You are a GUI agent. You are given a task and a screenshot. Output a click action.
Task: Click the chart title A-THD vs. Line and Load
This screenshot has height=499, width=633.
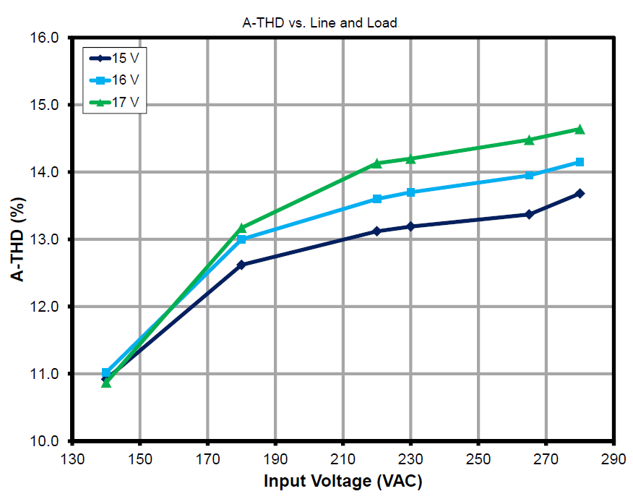pyautogui.click(x=319, y=23)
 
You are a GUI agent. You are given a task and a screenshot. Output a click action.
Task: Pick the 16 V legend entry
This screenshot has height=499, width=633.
pyautogui.click(x=120, y=80)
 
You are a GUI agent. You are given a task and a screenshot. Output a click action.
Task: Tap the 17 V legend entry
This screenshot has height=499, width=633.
pyautogui.click(x=120, y=102)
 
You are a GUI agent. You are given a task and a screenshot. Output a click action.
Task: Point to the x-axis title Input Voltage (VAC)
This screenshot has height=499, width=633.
pyautogui.click(x=343, y=481)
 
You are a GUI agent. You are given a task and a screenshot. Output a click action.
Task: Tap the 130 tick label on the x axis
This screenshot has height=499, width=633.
pyautogui.click(x=72, y=459)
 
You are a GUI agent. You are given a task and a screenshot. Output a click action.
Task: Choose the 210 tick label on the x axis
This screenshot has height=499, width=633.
pyautogui.click(x=343, y=459)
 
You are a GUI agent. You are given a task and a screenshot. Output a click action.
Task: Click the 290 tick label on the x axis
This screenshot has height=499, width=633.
pyautogui.click(x=613, y=459)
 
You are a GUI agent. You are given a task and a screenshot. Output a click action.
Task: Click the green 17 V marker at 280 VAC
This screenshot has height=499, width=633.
pyautogui.click(x=580, y=129)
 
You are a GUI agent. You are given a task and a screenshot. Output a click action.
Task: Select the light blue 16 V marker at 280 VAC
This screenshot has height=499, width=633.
pyautogui.click(x=580, y=162)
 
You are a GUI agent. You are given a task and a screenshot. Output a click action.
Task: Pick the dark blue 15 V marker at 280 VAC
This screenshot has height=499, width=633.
pyautogui.click(x=580, y=194)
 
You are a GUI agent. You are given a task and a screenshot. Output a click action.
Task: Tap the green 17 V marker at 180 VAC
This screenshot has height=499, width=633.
pyautogui.click(x=241, y=228)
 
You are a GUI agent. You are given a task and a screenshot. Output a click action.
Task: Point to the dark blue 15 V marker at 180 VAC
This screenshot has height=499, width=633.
pyautogui.click(x=241, y=265)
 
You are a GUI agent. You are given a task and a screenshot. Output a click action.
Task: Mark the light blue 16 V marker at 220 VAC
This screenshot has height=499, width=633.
pyautogui.click(x=376, y=199)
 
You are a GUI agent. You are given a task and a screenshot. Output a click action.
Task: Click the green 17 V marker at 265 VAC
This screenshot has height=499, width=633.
pyautogui.click(x=529, y=140)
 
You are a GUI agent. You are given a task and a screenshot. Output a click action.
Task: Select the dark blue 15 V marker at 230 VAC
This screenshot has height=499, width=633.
pyautogui.click(x=410, y=226)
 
